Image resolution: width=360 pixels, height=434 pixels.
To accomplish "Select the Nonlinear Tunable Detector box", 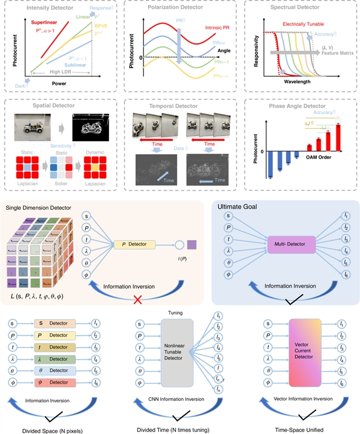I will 177,354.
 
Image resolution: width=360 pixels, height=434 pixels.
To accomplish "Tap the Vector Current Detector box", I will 300,354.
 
